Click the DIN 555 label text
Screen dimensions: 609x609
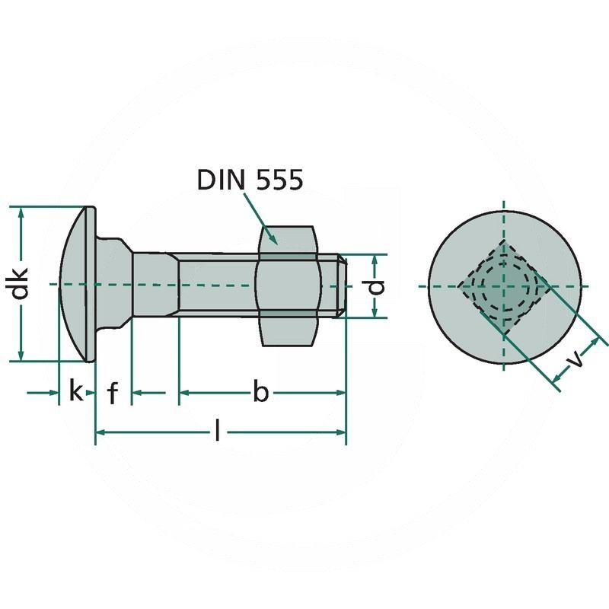coord(250,180)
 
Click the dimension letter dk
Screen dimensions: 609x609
coord(22,283)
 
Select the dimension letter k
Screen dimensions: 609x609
coord(75,392)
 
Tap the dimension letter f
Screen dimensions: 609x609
coord(113,394)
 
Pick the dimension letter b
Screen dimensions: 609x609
coord(260,393)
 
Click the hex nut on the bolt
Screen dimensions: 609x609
coord(287,285)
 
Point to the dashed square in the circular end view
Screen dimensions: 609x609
coord(503,286)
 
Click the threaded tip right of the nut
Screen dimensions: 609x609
coord(341,285)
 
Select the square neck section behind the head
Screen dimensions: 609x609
coord(114,284)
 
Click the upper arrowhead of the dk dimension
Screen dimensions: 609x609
coord(22,212)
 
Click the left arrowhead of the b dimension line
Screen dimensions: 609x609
coord(185,393)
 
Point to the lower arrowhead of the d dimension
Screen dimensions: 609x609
coord(377,313)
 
